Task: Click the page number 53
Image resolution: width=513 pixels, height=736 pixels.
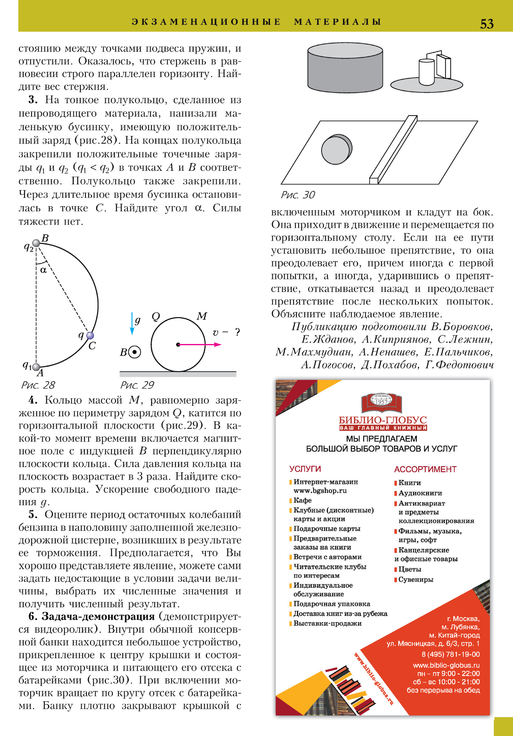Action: tap(486, 24)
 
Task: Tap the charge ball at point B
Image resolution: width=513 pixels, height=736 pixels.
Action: tap(37, 243)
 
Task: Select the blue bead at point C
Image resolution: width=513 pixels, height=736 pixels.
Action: tap(90, 335)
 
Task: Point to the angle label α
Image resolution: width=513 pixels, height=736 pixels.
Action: tap(43, 270)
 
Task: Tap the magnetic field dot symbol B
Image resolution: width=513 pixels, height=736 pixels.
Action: tap(135, 352)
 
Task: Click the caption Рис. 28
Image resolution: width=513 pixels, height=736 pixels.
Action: tap(38, 385)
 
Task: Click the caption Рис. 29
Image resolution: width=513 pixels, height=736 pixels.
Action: tap(137, 385)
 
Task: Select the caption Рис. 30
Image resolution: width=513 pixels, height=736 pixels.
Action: tap(298, 195)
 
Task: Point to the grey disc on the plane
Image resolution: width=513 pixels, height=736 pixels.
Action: tap(336, 149)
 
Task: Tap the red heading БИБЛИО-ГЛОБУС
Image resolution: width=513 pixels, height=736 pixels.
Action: tap(383, 420)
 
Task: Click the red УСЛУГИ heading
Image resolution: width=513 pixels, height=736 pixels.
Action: tap(305, 469)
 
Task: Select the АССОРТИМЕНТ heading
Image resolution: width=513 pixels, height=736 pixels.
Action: tap(425, 469)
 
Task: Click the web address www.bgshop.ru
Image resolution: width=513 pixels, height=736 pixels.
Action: tap(320, 490)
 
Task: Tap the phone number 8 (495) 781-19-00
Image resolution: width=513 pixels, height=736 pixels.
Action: tap(450, 654)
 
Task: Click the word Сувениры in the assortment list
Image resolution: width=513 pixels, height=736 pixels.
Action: tap(416, 580)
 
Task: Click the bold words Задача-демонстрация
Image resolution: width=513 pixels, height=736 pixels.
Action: tap(98, 616)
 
